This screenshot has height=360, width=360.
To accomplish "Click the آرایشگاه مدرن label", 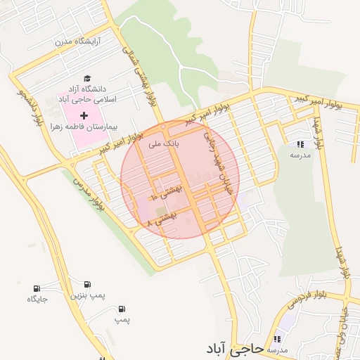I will coord(79,41).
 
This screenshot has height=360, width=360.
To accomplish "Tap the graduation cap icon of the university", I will coord(87,79).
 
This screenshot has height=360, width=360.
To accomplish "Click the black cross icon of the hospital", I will coord(85,114).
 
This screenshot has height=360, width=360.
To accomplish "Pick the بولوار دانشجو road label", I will coord(30,110).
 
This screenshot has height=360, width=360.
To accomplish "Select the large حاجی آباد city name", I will coord(236,347).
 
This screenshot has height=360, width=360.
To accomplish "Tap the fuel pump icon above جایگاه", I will coord(37,288).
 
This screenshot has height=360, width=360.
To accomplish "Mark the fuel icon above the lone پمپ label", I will coord(122,309).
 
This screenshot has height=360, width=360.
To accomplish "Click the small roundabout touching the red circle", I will coord(163,127).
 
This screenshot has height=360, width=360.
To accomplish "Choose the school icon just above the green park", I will coord(300,143).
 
